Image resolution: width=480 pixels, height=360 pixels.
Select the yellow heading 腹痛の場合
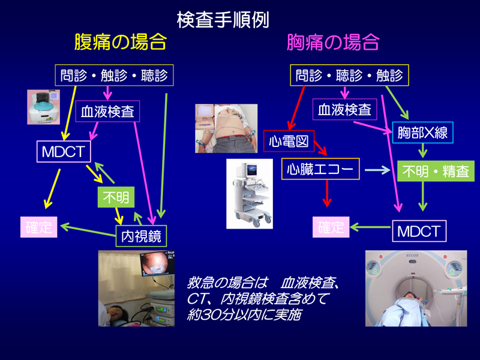pyautogui.click(x=120, y=43)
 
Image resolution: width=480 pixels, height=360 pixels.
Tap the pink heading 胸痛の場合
pyautogui.click(x=333, y=43)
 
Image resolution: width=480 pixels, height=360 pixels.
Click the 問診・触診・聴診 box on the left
pyautogui.click(x=114, y=76)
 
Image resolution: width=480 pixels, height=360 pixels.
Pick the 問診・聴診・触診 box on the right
pyautogui.click(x=350, y=76)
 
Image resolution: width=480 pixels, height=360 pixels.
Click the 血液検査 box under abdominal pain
pyautogui.click(x=108, y=112)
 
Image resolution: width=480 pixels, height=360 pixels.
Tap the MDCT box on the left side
pyautogui.click(x=63, y=152)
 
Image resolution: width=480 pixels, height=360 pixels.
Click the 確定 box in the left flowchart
pyautogui.click(x=39, y=227)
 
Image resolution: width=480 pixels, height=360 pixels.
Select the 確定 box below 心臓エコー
pyautogui.click(x=331, y=227)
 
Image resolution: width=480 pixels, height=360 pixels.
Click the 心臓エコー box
pyautogui.click(x=321, y=169)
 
